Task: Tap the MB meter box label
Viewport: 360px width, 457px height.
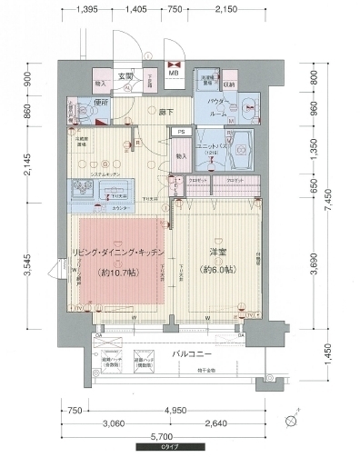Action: point(173,65)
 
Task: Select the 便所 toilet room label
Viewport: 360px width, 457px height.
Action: point(102,102)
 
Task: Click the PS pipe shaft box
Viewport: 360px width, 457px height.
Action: point(182,133)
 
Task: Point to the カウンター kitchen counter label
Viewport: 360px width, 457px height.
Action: point(115,208)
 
